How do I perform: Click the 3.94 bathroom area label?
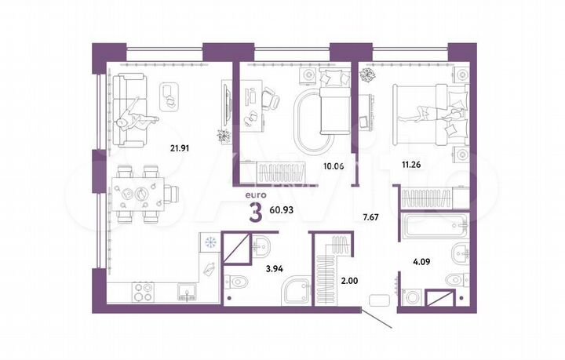[275, 268]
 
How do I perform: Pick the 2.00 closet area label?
[350, 279]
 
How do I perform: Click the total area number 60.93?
[285, 212]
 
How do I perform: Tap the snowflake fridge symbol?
[209, 242]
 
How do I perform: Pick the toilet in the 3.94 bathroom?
[238, 282]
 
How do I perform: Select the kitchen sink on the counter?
[188, 293]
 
